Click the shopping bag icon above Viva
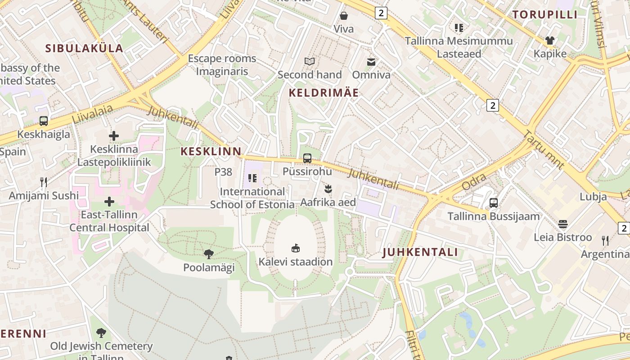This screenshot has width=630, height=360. click(344, 16)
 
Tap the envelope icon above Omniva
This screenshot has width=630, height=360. click(371, 62)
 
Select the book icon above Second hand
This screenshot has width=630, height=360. click(310, 62)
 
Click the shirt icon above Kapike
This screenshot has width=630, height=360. click(549, 40)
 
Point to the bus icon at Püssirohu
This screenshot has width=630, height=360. click(307, 158)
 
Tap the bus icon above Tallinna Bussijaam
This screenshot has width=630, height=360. click(494, 203)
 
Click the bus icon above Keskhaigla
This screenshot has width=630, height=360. click(44, 121)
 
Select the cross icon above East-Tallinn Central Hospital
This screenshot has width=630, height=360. click(109, 202)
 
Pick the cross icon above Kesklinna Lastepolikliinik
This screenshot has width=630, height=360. click(114, 135)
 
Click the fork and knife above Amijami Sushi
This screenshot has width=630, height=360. click(44, 182)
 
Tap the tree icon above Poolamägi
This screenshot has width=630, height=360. click(208, 254)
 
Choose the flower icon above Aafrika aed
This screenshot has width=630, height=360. click(328, 189)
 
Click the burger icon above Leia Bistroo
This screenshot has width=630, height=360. click(563, 224)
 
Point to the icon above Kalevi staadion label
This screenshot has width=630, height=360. click(296, 248)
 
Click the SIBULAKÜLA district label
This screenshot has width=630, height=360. click(84, 49)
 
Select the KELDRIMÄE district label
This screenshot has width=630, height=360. click(324, 93)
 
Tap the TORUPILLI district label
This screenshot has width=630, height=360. click(545, 15)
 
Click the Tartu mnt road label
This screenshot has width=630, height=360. click(544, 150)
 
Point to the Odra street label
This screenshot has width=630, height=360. click(474, 183)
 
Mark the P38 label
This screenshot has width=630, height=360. click(223, 172)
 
